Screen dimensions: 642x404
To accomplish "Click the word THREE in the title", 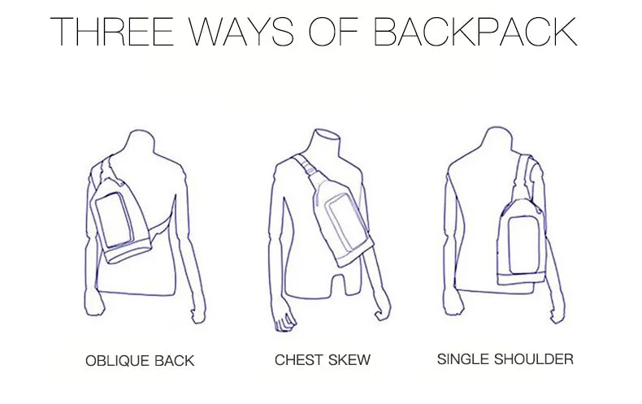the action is [x=112, y=31].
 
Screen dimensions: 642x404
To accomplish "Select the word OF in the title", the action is [x=333, y=31].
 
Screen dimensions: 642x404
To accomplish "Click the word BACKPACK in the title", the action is [x=475, y=31].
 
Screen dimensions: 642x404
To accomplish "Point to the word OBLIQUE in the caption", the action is [x=117, y=361].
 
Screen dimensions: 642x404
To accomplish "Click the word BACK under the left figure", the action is [x=175, y=361].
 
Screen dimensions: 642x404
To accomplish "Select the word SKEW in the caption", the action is [x=349, y=360].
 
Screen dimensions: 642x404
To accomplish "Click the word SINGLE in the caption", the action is [x=462, y=359].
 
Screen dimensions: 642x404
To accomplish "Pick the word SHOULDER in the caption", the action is [x=534, y=359].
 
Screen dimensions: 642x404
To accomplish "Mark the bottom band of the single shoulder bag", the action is [x=521, y=280].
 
